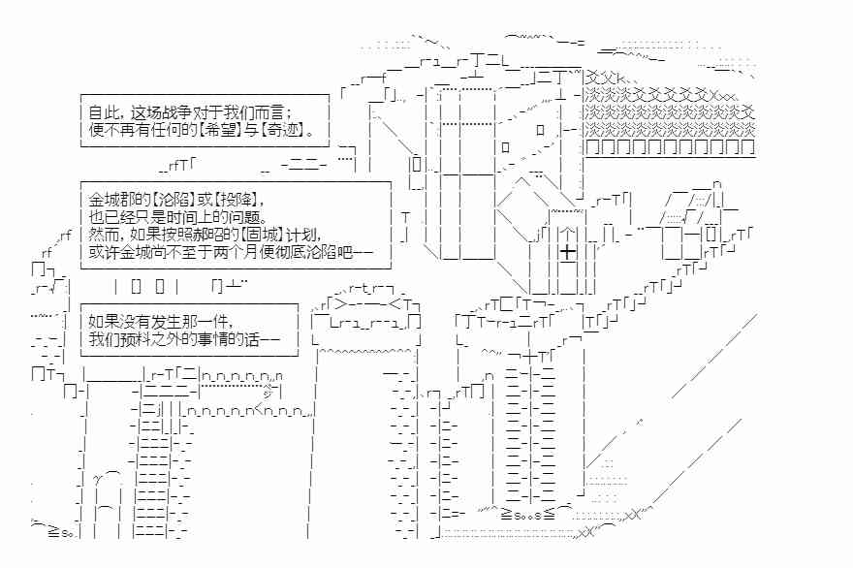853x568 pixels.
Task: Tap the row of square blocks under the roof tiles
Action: [x=670, y=147]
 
